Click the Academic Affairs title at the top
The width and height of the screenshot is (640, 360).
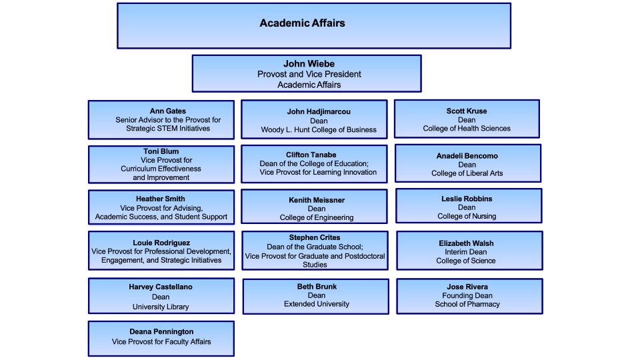303,23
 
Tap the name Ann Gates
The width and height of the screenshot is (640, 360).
167,111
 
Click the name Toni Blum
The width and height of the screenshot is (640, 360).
161,151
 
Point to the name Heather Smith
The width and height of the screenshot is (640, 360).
161,199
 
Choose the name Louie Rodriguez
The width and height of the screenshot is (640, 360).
161,243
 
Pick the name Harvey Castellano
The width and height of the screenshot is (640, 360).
161,287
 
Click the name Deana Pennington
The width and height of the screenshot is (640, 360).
161,331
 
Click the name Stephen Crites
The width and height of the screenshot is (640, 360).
315,237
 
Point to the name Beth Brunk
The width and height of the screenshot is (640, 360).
317,287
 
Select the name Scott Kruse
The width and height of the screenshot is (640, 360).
467,111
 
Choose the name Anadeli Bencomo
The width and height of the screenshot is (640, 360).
467,156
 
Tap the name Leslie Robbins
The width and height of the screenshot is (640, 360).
467,199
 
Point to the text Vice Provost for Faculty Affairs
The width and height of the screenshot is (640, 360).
161,341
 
